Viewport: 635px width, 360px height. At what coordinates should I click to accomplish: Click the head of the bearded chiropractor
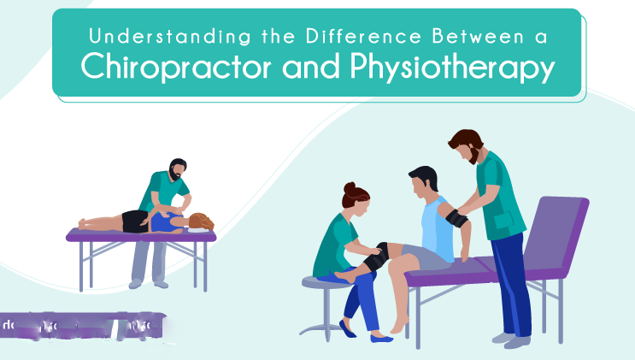[177, 168]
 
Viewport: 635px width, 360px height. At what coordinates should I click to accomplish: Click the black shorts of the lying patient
[136, 221]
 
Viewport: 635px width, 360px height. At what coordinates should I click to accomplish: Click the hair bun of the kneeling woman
[349, 188]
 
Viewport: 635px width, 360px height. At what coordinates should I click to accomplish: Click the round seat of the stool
[326, 281]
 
